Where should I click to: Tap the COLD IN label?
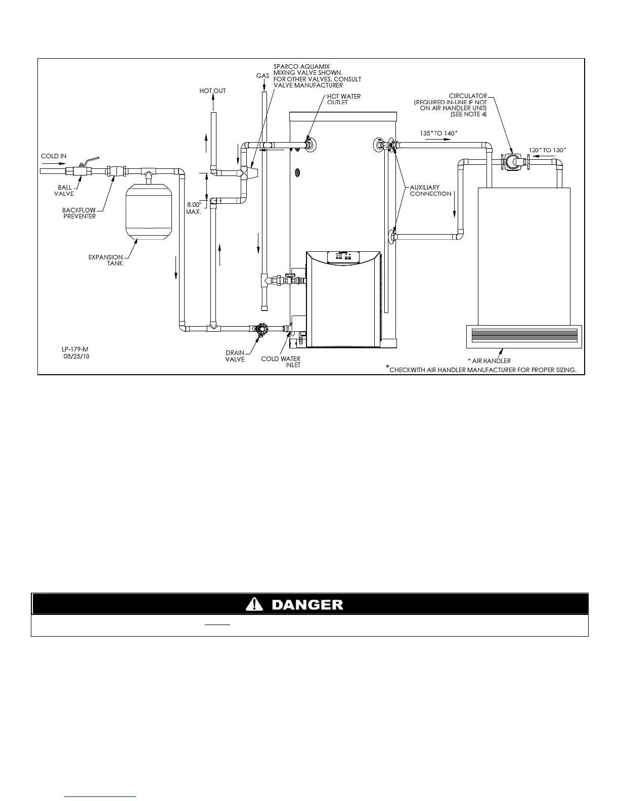point(54,156)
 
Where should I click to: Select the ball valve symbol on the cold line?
point(82,169)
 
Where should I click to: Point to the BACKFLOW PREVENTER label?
point(79,213)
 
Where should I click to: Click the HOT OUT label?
point(212,91)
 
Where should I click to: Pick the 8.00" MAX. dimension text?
point(194,208)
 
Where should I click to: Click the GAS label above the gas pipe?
point(262,75)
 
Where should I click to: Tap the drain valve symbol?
point(261,329)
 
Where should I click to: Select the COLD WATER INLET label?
point(281,362)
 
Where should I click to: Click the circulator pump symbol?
point(512,161)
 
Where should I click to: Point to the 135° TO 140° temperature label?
point(438,133)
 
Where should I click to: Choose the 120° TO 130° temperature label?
point(548,150)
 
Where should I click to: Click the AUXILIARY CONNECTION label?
point(430,191)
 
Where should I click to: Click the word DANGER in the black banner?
point(307,605)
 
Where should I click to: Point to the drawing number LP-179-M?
point(75,349)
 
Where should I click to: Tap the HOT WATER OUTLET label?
point(344,99)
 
